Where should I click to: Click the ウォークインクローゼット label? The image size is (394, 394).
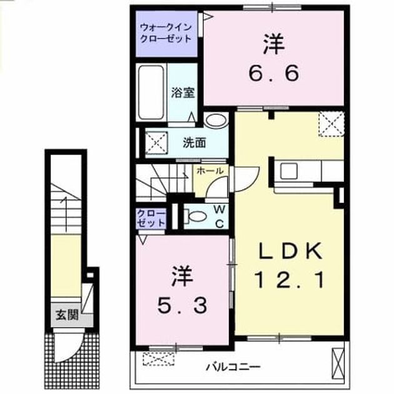tap(166, 33)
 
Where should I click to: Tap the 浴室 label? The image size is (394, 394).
tap(183, 93)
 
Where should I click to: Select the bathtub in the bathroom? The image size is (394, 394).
tap(151, 93)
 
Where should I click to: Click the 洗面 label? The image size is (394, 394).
tap(194, 143)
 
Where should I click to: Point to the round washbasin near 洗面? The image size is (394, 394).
tap(216, 120)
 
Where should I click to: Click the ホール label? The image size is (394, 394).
tap(210, 171)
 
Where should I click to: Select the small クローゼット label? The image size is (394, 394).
tap(151, 218)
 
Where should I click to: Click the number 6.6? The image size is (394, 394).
tap(274, 73)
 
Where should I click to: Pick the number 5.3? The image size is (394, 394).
tap(182, 305)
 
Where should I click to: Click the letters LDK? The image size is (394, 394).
tap(290, 251)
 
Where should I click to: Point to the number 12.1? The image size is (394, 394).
tap(290, 280)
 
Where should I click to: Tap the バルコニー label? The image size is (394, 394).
tap(233, 367)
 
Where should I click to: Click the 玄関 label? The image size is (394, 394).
tap(67, 315)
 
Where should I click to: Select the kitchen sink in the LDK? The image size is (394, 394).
tap(289, 171)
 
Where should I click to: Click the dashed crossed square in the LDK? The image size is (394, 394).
tap(331, 124)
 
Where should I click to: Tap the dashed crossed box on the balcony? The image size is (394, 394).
tap(159, 359)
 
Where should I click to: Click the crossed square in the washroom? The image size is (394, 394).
tap(156, 143)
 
